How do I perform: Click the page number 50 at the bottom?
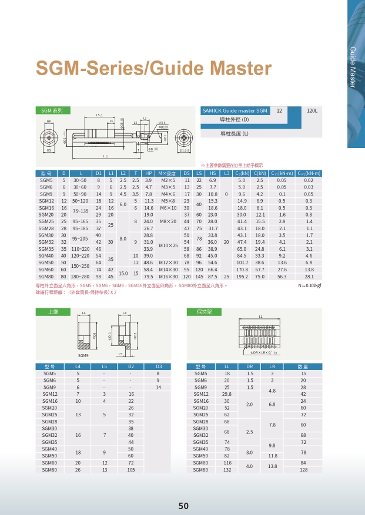pyautogui.click(x=183, y=506)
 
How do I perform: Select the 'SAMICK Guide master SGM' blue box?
pyautogui.click(x=235, y=110)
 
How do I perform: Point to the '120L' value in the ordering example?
pyautogui.click(x=312, y=110)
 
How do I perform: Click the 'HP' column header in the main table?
pyautogui.click(x=149, y=173)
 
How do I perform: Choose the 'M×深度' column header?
pyautogui.click(x=168, y=173)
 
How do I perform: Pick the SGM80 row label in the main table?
pyautogui.click(x=46, y=276)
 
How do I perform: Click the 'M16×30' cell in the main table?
pyautogui.click(x=168, y=276)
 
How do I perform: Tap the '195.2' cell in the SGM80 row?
pyautogui.click(x=242, y=276)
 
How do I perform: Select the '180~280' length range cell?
pyautogui.click(x=80, y=276)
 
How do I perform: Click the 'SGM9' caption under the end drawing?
pyautogui.click(x=83, y=356)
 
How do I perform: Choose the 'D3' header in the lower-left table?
pyautogui.click(x=158, y=366)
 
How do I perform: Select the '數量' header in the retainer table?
pyautogui.click(x=303, y=366)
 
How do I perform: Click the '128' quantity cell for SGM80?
pyautogui.click(x=303, y=470)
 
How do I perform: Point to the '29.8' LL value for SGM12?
pyautogui.click(x=227, y=394)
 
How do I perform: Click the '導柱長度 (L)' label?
pyautogui.click(x=235, y=134)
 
